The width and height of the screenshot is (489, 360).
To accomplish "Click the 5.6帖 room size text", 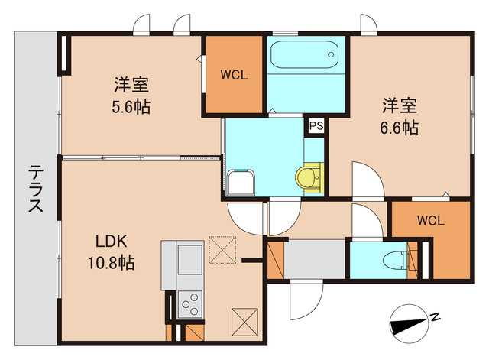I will tap(131, 106).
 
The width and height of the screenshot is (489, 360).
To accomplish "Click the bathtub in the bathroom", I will tap(305, 54).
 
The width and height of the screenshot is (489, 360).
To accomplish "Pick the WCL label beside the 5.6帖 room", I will tap(233, 75).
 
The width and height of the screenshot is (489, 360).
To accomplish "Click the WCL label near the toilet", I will tap(430, 221).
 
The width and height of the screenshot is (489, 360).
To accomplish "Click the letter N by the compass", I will tap(434, 316).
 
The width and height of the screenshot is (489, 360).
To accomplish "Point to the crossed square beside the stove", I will tap(246, 319).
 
